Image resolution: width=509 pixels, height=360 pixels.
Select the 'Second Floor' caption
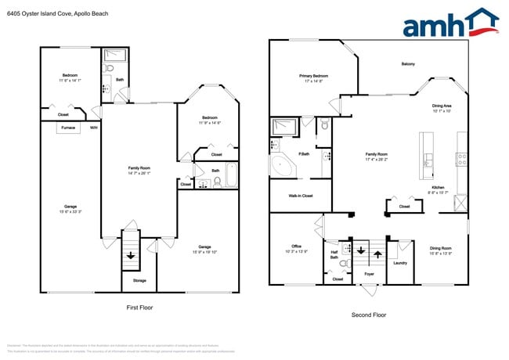pos(368,315)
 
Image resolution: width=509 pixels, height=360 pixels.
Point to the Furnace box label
pos(67,127)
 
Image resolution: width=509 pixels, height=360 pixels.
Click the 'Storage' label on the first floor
pos(139,279)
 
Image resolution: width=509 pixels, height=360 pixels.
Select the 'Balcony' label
pos(408,64)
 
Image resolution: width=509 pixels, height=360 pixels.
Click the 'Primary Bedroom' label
pos(313,76)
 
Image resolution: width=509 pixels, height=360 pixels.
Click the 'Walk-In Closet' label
pos(301,196)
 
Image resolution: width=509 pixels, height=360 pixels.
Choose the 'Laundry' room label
pos(400,263)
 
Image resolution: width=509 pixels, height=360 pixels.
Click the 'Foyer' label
pos(369,274)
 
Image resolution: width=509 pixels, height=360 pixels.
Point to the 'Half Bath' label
pos(334,254)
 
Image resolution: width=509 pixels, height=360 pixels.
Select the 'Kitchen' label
pos(436,188)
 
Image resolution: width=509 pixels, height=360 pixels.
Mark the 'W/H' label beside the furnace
pos(93,127)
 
